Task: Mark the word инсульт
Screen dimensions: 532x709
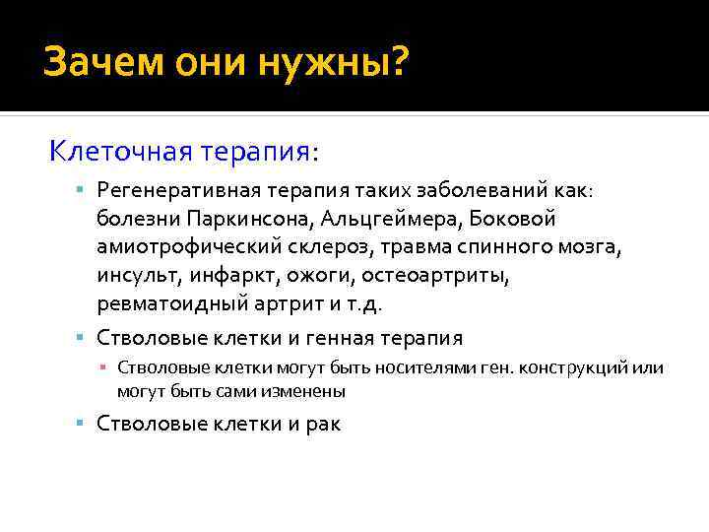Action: [134, 272]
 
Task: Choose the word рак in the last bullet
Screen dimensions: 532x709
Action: [321, 425]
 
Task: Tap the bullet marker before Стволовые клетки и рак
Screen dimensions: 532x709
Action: [86, 425]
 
